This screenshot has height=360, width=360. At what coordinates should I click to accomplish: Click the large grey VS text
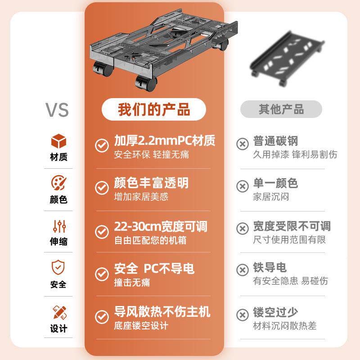pyautogui.click(x=57, y=109)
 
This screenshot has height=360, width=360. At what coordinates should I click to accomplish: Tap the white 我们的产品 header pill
pyautogui.click(x=154, y=109)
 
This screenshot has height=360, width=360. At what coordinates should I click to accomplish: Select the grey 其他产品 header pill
pyautogui.click(x=281, y=109)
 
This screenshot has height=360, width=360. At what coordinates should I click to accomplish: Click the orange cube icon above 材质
pyautogui.click(x=58, y=141)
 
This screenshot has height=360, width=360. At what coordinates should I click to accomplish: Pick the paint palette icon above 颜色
pyautogui.click(x=58, y=183)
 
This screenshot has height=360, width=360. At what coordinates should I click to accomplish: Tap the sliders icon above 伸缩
pyautogui.click(x=59, y=225)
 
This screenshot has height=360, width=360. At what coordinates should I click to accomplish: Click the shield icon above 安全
pyautogui.click(x=58, y=268)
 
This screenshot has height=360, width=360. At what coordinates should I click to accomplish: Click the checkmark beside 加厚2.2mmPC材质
pyautogui.click(x=102, y=145)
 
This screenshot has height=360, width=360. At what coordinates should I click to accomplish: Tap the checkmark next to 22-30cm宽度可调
pyautogui.click(x=102, y=231)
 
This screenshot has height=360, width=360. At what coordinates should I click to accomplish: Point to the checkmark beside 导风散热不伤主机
pyautogui.click(x=102, y=316)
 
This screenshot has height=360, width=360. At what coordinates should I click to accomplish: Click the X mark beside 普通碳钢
pyautogui.click(x=243, y=144)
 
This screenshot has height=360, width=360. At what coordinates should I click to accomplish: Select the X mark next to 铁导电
pyautogui.click(x=243, y=270)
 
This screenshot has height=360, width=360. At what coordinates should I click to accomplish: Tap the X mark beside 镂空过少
pyautogui.click(x=243, y=314)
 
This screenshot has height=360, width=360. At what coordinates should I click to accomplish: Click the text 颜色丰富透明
pyautogui.click(x=151, y=183)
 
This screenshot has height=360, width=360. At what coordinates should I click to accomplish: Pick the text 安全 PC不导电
pyautogui.click(x=154, y=269)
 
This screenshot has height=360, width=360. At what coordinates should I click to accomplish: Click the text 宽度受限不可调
pyautogui.click(x=292, y=226)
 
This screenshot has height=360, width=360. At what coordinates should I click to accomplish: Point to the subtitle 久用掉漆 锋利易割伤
pyautogui.click(x=295, y=155)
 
